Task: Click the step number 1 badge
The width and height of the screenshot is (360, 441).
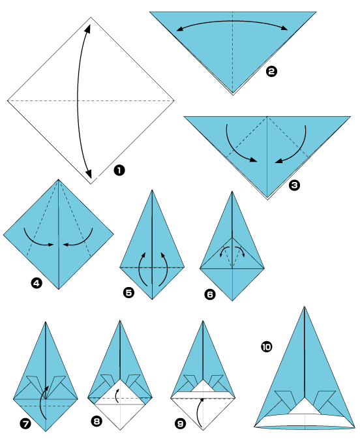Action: [119, 170]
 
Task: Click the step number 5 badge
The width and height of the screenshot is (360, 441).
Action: [128, 292]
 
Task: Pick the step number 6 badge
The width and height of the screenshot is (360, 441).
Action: [209, 294]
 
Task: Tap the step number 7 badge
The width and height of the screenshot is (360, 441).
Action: [25, 423]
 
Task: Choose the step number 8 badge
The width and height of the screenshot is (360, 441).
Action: [97, 422]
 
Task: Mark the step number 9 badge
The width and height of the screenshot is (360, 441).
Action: [180, 423]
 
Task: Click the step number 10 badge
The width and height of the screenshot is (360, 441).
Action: [266, 348]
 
